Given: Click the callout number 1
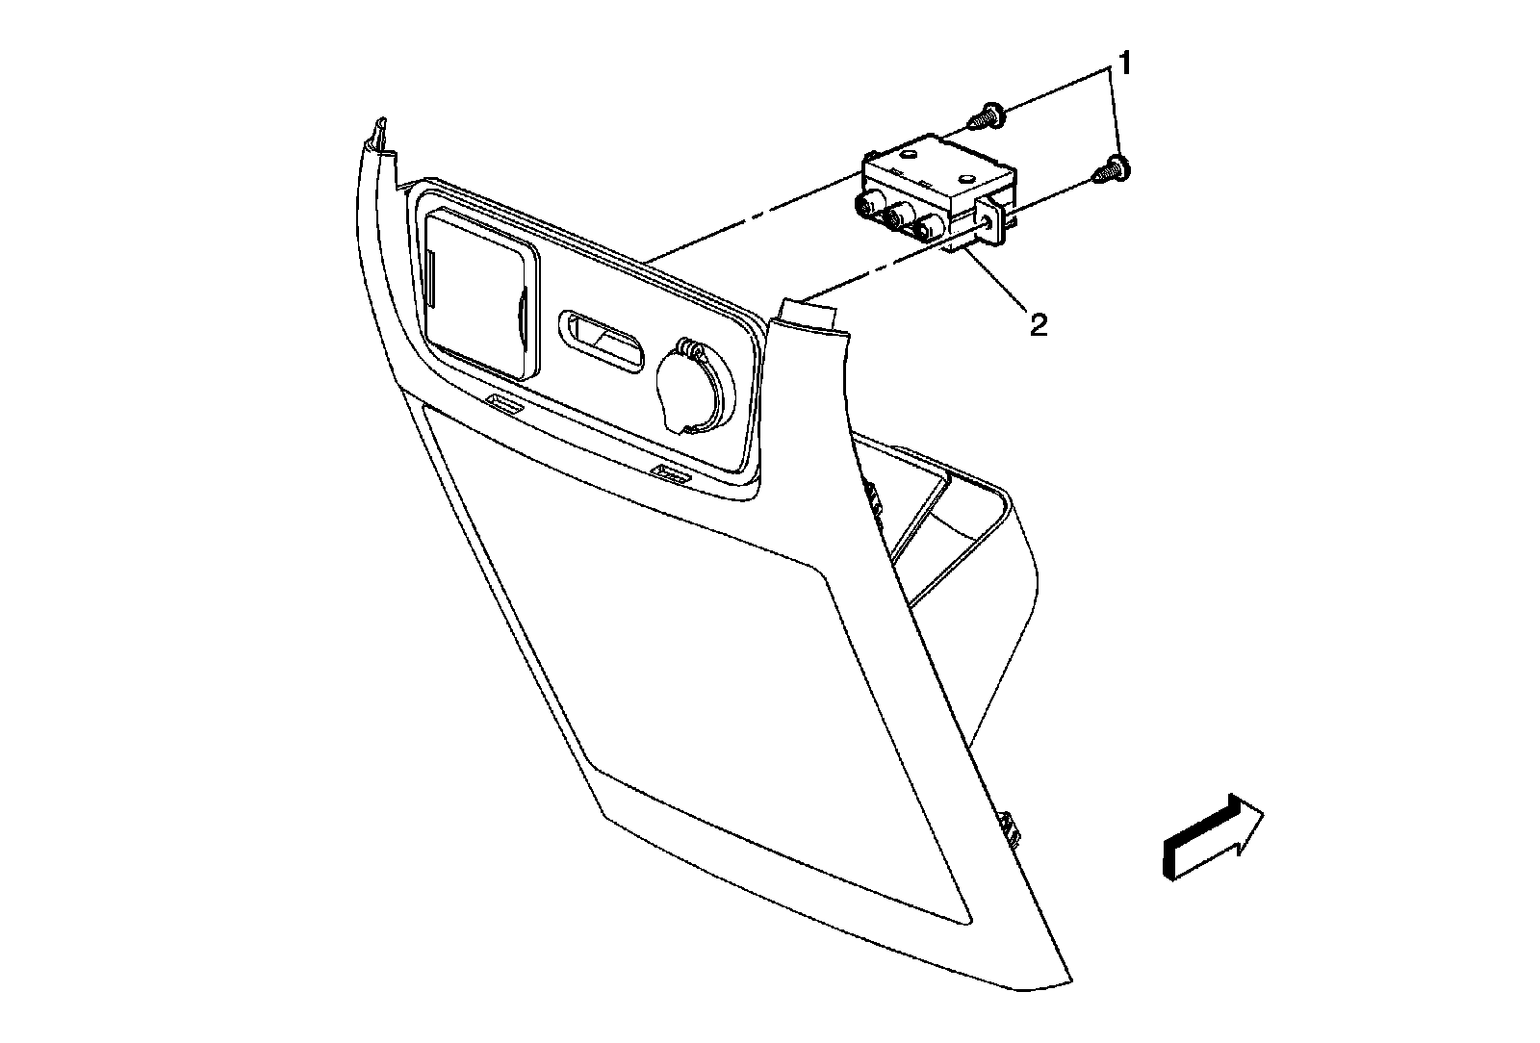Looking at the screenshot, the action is point(1123,65).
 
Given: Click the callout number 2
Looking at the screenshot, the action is point(1038,324).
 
